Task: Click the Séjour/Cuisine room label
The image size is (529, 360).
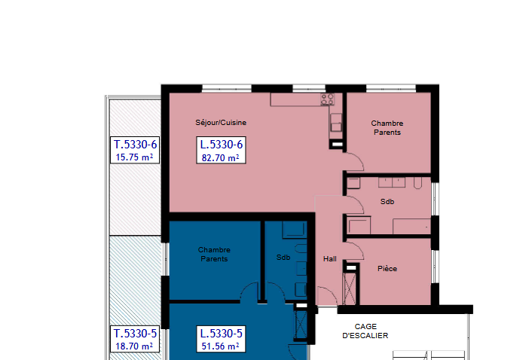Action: (221, 123)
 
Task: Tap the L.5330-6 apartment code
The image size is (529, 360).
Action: (222, 145)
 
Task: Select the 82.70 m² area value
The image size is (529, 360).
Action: (221, 157)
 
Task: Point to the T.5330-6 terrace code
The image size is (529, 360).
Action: (136, 145)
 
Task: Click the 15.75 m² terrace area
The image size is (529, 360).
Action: (134, 157)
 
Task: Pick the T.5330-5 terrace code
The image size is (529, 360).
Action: (136, 334)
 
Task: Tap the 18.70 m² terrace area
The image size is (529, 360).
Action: (134, 346)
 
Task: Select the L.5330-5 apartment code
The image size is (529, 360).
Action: (222, 334)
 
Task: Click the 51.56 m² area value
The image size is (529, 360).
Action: (221, 346)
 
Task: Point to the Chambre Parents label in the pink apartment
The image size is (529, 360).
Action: (387, 128)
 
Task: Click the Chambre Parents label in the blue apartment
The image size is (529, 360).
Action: (214, 255)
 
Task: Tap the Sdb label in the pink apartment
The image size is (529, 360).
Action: (387, 202)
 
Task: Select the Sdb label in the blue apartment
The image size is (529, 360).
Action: (283, 258)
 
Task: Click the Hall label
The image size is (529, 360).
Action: (330, 259)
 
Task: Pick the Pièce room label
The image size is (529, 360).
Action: (387, 269)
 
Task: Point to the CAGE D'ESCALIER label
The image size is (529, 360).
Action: (365, 331)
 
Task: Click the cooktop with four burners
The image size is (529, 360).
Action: (327, 99)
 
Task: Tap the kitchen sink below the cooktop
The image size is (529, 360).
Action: (335, 122)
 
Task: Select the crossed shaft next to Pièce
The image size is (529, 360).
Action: (350, 288)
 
